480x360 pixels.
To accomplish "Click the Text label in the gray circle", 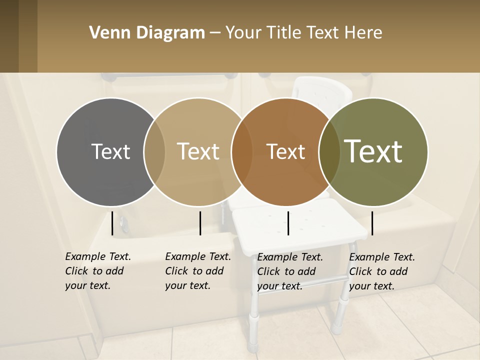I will (110, 151).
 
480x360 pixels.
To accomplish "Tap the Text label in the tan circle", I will (198, 151).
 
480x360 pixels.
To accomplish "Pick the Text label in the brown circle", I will (286, 151).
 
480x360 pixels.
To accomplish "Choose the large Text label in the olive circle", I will (373, 151).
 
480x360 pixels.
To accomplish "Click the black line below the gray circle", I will (112, 223).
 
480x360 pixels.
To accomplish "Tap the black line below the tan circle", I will (200, 223).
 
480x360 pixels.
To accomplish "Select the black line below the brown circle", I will (288, 223).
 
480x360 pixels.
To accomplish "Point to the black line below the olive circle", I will (372, 223).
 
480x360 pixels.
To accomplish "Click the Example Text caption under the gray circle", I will (97, 271).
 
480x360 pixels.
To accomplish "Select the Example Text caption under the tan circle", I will (197, 271).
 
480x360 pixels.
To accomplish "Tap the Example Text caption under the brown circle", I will (289, 271).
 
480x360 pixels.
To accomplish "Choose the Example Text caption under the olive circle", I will (381, 271).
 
